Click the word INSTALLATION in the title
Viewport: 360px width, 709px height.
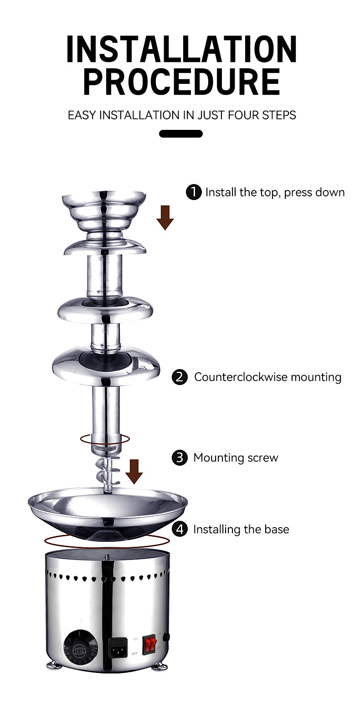pos(181,49)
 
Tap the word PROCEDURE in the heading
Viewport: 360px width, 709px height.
pos(181,82)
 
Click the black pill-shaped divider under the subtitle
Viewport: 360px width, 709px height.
pos(180,134)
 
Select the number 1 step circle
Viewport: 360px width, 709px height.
pos(194,192)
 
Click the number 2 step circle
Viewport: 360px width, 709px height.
pos(180,377)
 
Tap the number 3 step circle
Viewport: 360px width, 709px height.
pos(180,457)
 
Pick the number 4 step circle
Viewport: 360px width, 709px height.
pos(180,529)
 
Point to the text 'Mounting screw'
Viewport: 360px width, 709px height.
pos(236,457)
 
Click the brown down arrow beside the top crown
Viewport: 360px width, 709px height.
pos(165,217)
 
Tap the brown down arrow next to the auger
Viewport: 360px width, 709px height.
pos(134,472)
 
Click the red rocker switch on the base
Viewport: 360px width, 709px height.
pos(149,644)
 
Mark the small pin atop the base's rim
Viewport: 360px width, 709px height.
pos(107,557)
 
